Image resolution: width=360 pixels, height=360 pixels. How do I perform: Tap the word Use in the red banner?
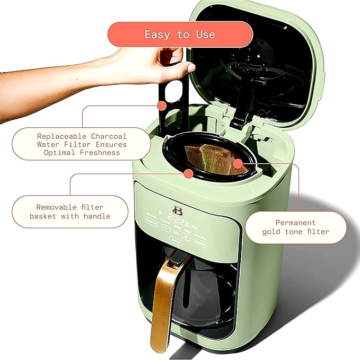(205, 34)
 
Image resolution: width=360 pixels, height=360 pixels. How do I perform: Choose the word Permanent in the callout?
(295, 223)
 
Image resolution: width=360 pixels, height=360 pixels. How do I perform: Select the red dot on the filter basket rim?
(188, 173)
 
